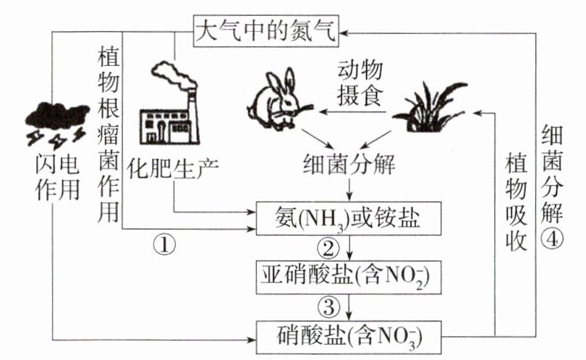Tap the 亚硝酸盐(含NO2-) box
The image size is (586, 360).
pos(350,275)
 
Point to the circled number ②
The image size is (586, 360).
pos(329,249)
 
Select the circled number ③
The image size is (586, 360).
pos(329,307)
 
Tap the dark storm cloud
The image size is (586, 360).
pos(47,115)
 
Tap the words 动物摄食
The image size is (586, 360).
pos(359,82)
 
